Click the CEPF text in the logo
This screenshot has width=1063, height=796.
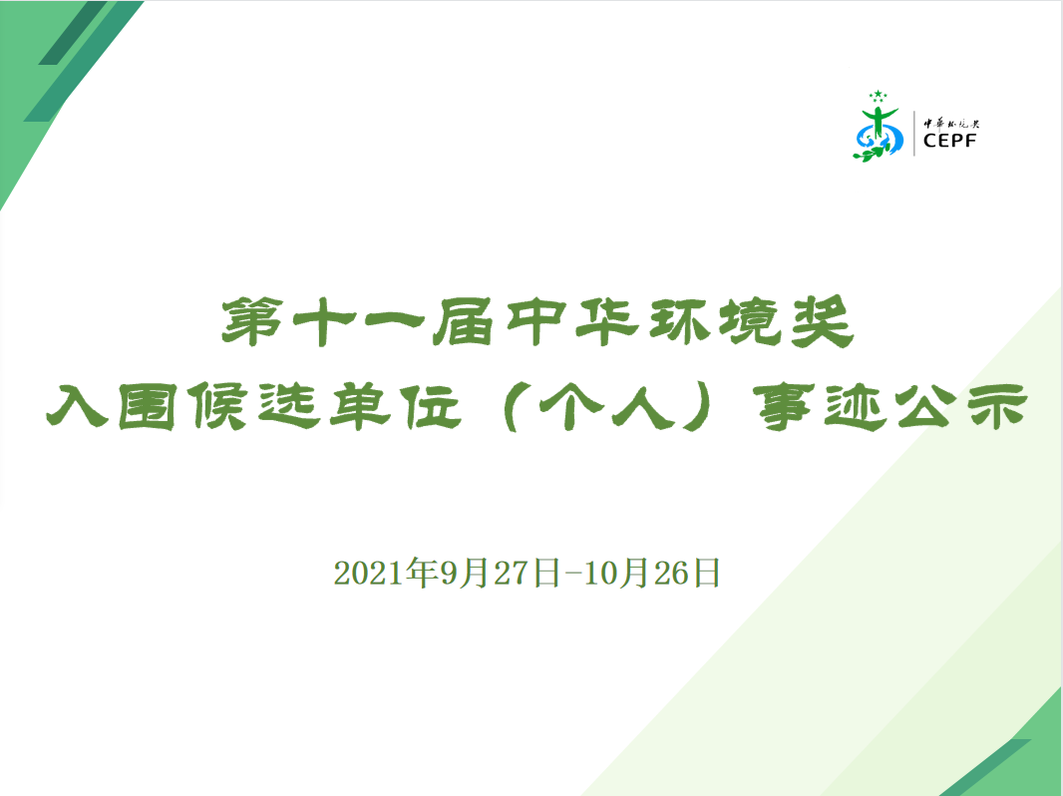(950, 141)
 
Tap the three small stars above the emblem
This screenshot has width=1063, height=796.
(878, 96)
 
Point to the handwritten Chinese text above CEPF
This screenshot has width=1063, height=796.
(952, 124)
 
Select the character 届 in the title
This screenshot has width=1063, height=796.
(463, 321)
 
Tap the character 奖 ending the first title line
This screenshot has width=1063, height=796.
(823, 321)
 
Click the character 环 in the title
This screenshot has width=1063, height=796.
(679, 321)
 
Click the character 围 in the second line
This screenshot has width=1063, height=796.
(148, 406)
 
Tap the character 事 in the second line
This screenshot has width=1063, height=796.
(785, 406)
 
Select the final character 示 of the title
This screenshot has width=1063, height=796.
(998, 406)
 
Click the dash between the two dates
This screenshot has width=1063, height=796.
(570, 574)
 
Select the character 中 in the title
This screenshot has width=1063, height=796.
(536, 321)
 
